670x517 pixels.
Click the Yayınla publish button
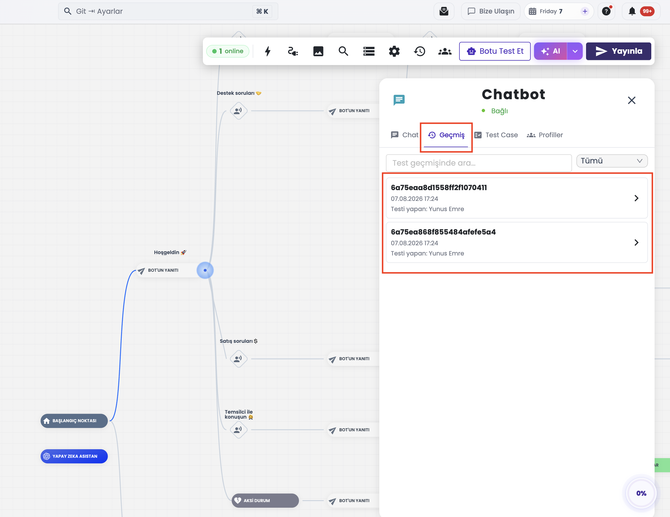point(618,51)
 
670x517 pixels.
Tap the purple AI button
point(550,51)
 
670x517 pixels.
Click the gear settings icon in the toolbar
point(394,51)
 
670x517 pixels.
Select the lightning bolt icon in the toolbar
point(268,51)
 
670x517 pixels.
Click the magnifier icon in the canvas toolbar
point(343,51)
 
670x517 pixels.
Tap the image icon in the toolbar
point(318,51)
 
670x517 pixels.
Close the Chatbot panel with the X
point(631,100)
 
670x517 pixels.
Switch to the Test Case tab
point(496,135)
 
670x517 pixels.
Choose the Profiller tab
point(545,135)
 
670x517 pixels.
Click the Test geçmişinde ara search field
point(479,163)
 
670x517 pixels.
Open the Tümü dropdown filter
point(612,161)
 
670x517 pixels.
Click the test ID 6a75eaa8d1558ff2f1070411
point(439,188)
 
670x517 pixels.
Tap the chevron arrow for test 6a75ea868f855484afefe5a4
point(636,242)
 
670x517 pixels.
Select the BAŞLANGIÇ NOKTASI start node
point(74,421)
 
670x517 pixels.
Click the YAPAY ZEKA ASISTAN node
point(74,456)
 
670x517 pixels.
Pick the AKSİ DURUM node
point(265,500)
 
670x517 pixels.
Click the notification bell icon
point(632,11)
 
